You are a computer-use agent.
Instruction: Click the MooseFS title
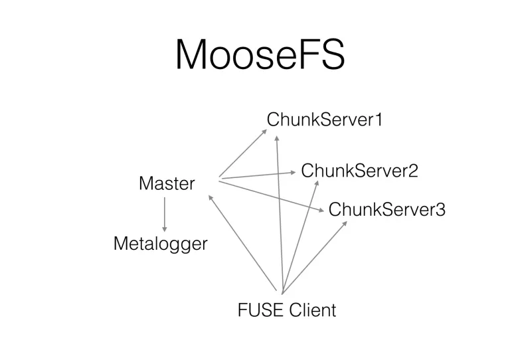(x=260, y=54)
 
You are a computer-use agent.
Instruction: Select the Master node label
(x=167, y=183)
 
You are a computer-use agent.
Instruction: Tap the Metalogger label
(x=160, y=244)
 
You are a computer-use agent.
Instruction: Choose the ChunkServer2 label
(x=359, y=171)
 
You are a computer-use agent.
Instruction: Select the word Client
(x=313, y=310)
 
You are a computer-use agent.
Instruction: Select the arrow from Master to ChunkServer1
(x=242, y=153)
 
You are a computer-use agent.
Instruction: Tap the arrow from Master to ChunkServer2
(x=258, y=175)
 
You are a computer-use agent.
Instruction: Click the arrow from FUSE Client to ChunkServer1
(x=280, y=213)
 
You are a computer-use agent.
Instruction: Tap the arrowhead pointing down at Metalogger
(x=164, y=228)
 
